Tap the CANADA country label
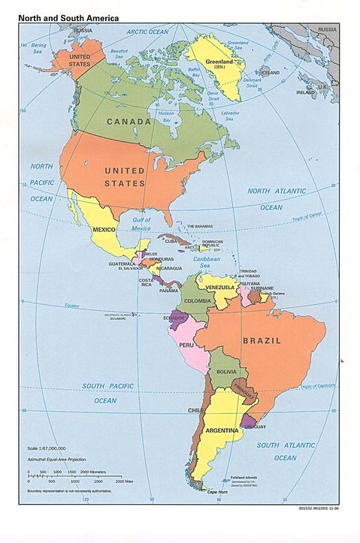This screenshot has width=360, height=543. [133, 121]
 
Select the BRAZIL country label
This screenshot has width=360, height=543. [262, 340]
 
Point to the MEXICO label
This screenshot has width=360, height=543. [104, 229]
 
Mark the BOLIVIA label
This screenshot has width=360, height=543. [227, 372]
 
